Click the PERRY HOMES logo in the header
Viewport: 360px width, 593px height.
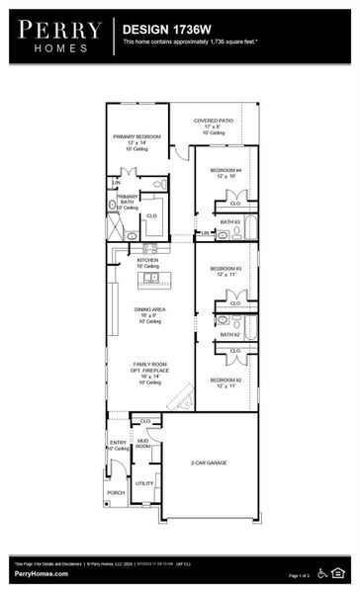(x=58, y=35)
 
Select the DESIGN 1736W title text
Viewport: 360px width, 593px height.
(x=164, y=31)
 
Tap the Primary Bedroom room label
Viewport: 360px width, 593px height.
(x=135, y=137)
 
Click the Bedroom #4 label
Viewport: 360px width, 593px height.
(x=225, y=171)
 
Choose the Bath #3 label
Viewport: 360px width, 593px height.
(x=229, y=221)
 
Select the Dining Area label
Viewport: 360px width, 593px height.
(x=149, y=309)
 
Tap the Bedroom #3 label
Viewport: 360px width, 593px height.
(x=225, y=269)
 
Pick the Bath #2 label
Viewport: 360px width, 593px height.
(x=229, y=334)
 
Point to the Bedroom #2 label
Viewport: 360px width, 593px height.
(x=225, y=380)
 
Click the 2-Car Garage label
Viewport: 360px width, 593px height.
(x=209, y=463)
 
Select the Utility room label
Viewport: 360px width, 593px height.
(x=144, y=483)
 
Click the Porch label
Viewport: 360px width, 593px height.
(x=116, y=491)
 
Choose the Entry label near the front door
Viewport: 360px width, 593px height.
(x=118, y=443)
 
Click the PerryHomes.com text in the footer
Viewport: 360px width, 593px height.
(x=41, y=573)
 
